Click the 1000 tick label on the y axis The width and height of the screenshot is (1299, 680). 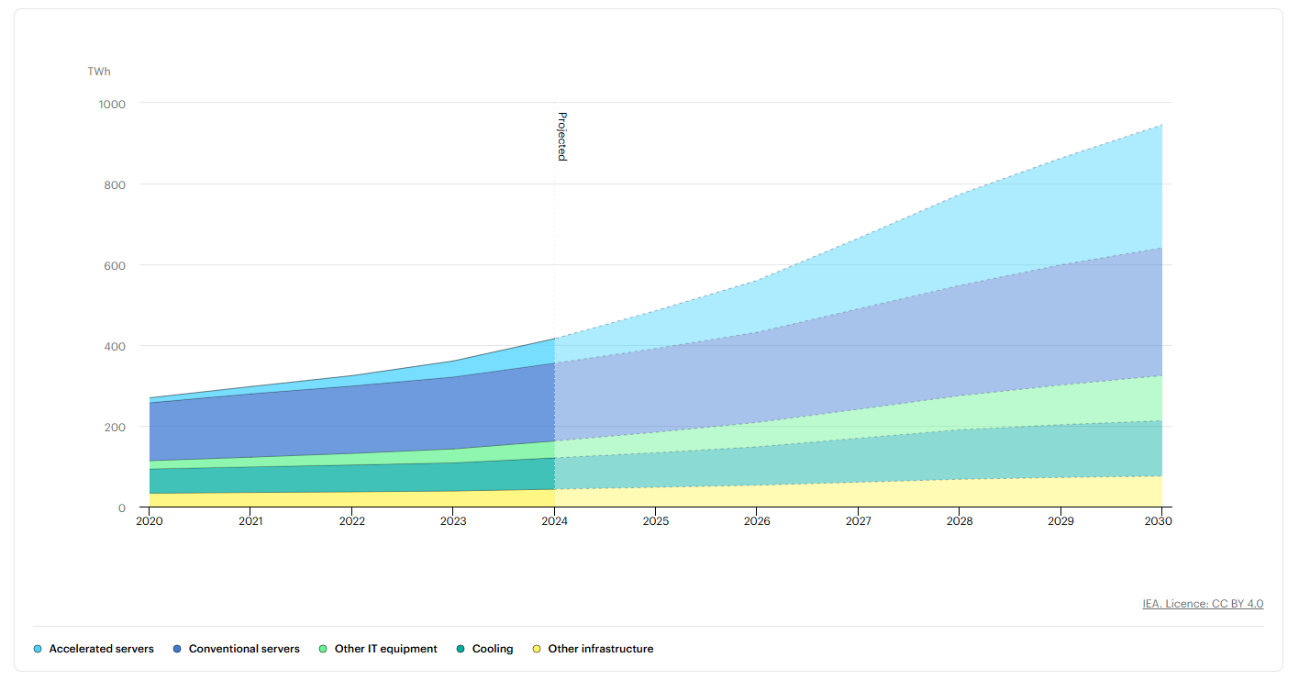(112, 105)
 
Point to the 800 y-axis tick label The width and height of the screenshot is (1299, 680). (115, 185)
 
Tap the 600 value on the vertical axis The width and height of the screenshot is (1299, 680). (115, 266)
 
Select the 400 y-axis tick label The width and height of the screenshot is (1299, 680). (115, 346)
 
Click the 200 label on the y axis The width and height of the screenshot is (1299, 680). (115, 427)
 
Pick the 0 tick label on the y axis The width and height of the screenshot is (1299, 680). (122, 508)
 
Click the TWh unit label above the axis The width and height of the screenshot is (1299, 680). (99, 72)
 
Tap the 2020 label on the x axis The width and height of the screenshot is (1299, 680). (150, 521)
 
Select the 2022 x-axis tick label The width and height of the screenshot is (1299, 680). (352, 521)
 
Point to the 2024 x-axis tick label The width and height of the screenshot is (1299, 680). (554, 521)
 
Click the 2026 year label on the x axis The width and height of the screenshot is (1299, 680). (757, 521)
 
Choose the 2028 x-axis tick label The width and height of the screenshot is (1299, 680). (960, 521)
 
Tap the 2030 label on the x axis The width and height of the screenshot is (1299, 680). (1158, 521)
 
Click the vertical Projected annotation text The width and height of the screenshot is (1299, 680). (562, 137)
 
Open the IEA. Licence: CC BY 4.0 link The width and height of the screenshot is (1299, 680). (1203, 604)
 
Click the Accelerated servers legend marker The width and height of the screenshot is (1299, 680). (38, 649)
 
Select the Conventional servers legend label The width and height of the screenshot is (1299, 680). (244, 649)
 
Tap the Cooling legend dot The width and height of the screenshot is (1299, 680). (461, 649)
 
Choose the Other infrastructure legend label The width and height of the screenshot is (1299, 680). (601, 649)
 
